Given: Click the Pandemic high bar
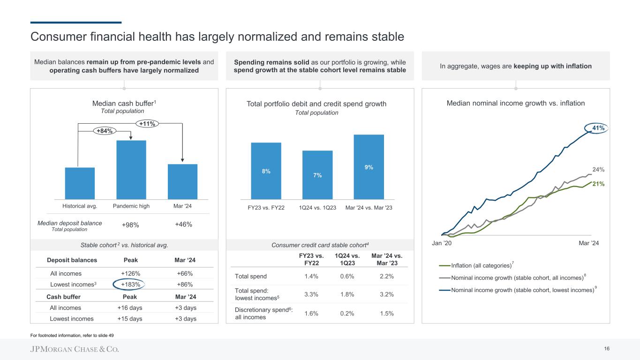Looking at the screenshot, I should (x=131, y=169).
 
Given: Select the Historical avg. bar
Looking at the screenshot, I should (x=80, y=183).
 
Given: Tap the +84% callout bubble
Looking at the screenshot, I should (x=104, y=131).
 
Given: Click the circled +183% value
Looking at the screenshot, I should (x=130, y=284).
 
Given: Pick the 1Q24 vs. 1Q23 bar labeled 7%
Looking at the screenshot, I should (x=317, y=174).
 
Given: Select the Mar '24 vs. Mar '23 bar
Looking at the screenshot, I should (x=369, y=166).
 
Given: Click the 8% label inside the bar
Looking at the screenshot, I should (x=266, y=172).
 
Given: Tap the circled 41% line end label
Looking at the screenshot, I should (x=597, y=127).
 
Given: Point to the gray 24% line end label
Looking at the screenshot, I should (x=598, y=170).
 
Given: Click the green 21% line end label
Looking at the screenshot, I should (x=598, y=184).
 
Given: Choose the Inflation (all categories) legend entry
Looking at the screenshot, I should (x=481, y=266).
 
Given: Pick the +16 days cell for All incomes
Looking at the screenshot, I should (x=130, y=308).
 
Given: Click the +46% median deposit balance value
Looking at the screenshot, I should (x=183, y=225).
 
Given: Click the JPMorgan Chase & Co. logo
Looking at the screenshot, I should (x=75, y=349).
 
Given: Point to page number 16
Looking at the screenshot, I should (x=607, y=349).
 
